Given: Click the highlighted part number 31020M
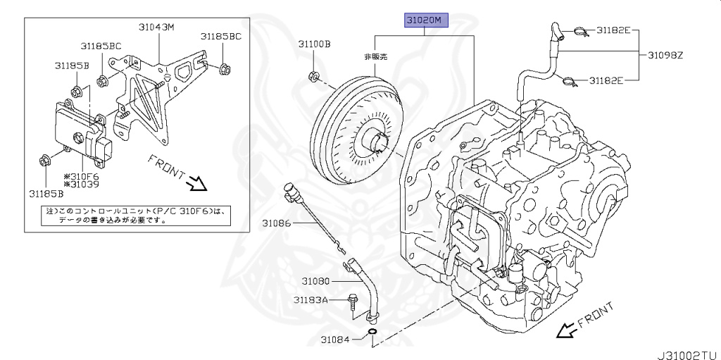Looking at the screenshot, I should pyautogui.click(x=425, y=20).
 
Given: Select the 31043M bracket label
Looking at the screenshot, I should pyautogui.click(x=156, y=27).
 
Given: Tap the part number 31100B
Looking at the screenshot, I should pyautogui.click(x=313, y=44).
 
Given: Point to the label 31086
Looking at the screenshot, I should pyautogui.click(x=277, y=223).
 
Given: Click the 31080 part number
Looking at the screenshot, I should pyautogui.click(x=316, y=280).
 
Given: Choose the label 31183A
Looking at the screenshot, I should pyautogui.click(x=311, y=300).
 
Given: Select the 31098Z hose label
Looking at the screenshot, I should pyautogui.click(x=680, y=56).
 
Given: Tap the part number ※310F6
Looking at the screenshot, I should pyautogui.click(x=82, y=176).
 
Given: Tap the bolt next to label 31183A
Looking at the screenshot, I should pyautogui.click(x=352, y=301).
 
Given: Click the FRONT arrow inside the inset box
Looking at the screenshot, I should pyautogui.click(x=196, y=183).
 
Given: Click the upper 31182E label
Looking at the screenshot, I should pyautogui.click(x=614, y=31).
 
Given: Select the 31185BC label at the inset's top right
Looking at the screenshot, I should pyautogui.click(x=220, y=36).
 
